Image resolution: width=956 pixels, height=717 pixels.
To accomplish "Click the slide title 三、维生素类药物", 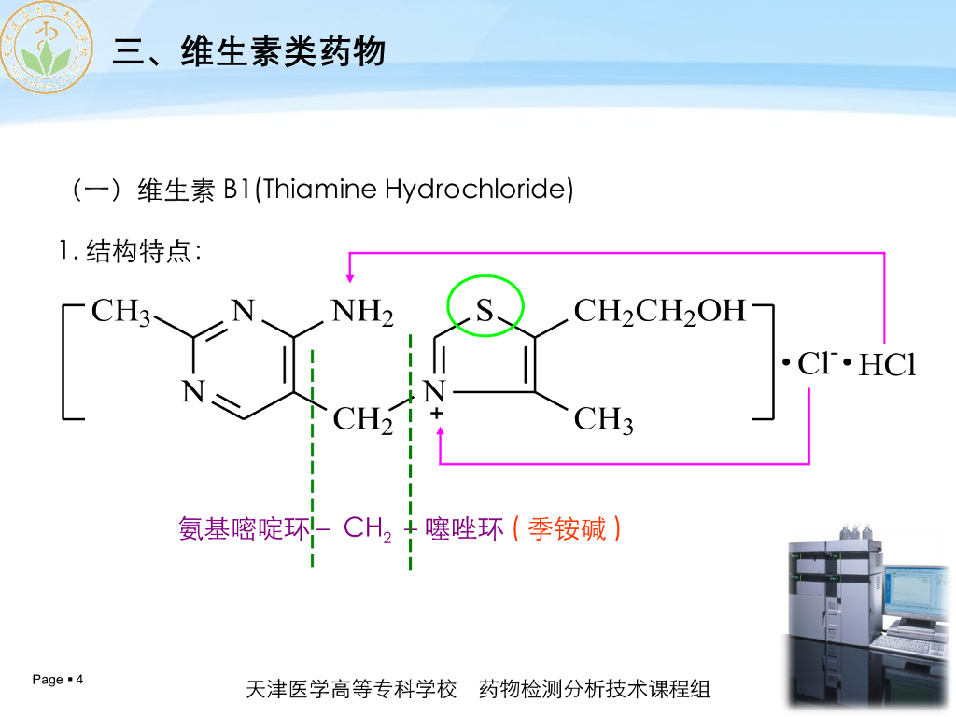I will (248, 51).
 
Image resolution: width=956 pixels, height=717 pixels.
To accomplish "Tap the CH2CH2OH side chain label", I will (659, 312).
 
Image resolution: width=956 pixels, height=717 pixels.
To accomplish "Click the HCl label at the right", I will (887, 365).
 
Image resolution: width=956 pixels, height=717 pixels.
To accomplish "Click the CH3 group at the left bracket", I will (120, 312).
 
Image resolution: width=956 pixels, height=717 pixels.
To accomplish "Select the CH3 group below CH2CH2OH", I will (603, 421).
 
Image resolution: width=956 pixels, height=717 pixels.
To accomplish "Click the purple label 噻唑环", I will (464, 529).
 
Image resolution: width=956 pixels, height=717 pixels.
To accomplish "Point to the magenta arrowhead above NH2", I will (350, 277).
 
